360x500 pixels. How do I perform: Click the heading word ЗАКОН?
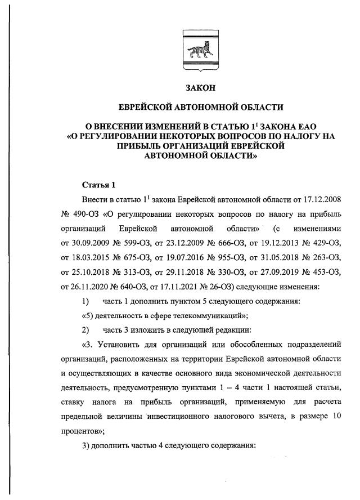(200, 87)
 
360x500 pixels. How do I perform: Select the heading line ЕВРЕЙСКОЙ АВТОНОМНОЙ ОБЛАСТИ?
(200, 106)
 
